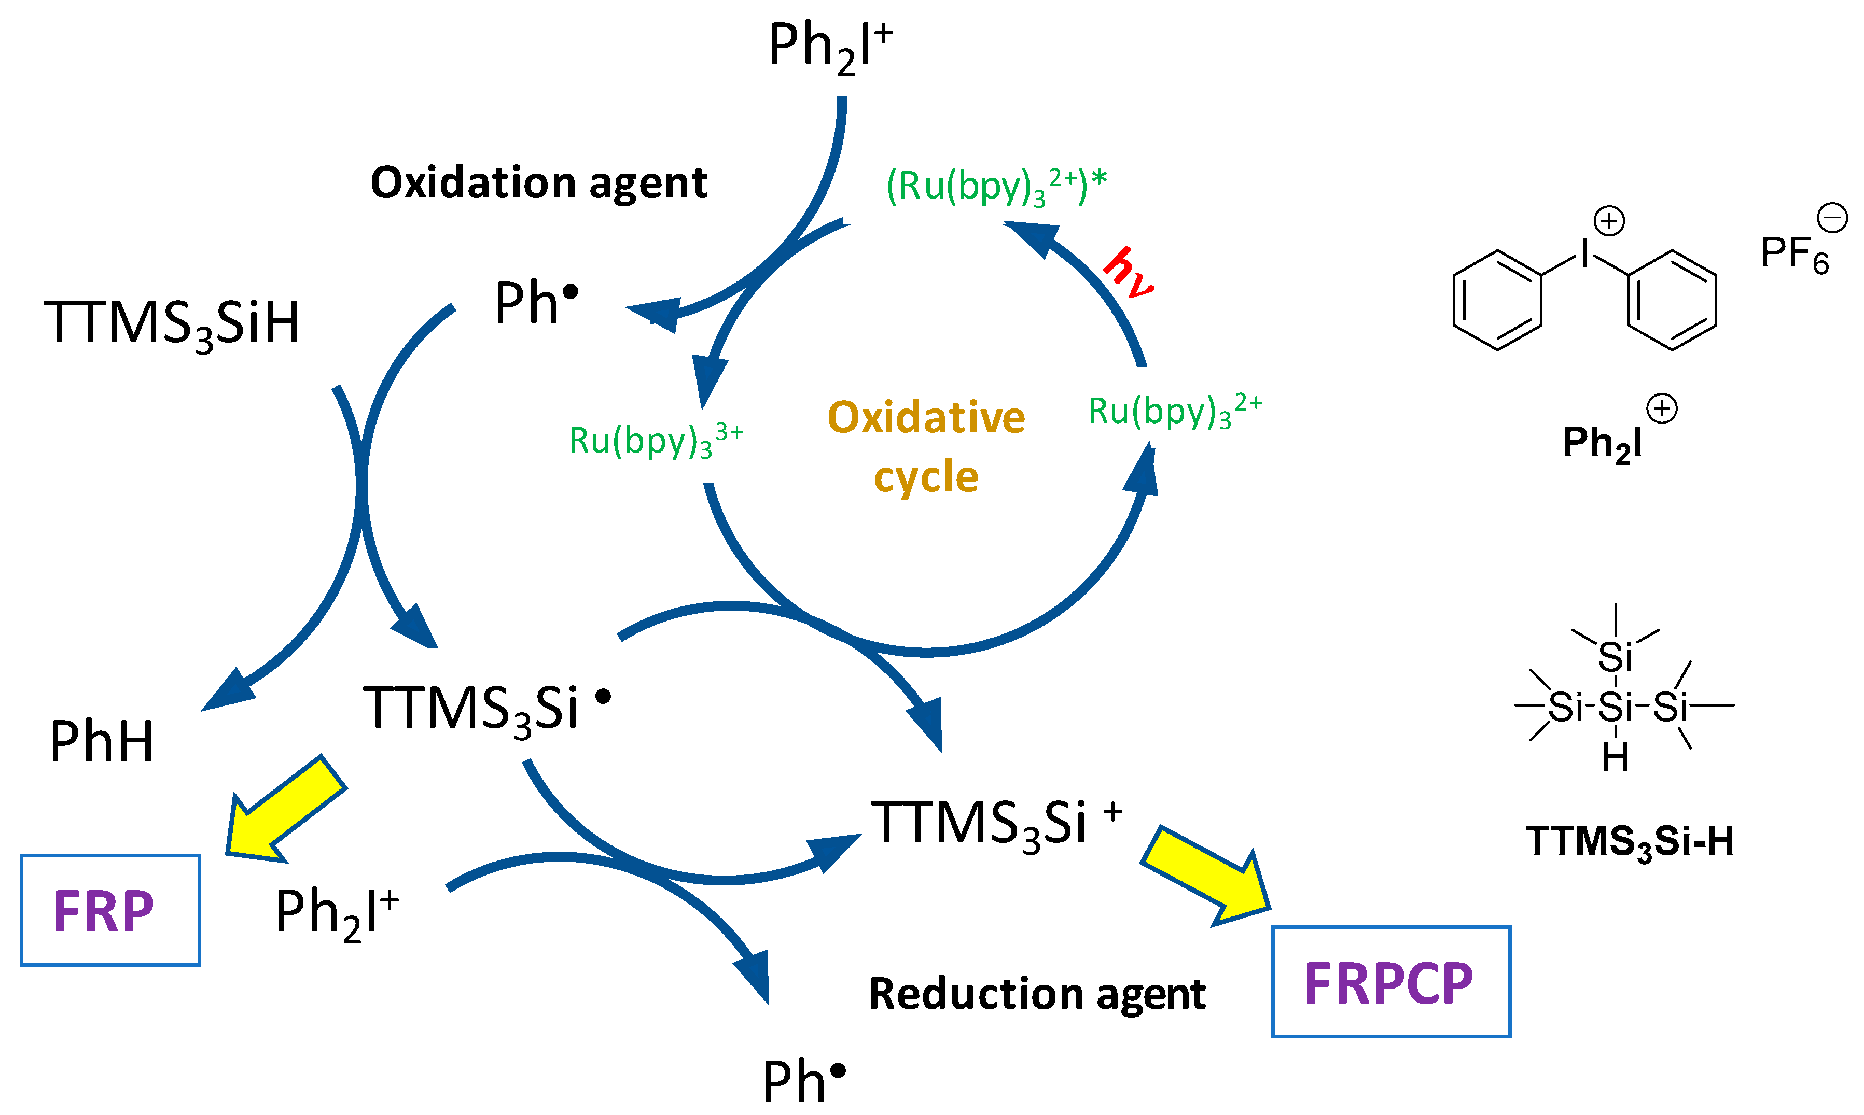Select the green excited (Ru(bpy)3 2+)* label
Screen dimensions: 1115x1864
pos(996,186)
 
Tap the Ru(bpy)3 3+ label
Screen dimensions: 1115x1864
pos(656,440)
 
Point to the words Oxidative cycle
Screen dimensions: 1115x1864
pos(926,446)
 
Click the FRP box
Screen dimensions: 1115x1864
pos(110,910)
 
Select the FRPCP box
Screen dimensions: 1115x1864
pos(1390,982)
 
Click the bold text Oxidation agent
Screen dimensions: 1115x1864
pos(539,182)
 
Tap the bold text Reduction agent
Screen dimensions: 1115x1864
pos(1037,994)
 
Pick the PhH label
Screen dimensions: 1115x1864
pos(102,742)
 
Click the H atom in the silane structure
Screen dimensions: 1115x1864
pos(1615,758)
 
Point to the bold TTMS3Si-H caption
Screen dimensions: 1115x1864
pos(1630,841)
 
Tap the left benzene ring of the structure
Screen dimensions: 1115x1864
pos(1497,301)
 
